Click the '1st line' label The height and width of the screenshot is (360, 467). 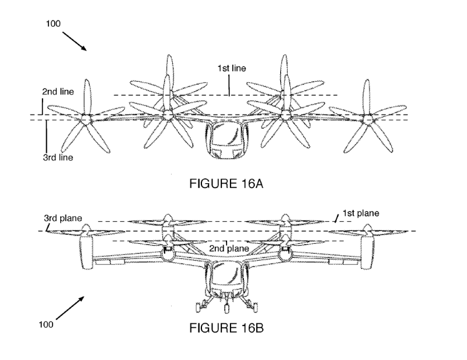[x=231, y=68]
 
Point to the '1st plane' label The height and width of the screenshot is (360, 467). [x=360, y=214]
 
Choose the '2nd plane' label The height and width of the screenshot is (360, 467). [x=229, y=249]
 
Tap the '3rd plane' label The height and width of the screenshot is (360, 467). [x=62, y=219]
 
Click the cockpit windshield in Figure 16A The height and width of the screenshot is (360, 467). [x=226, y=136]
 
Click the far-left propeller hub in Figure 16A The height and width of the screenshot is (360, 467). [x=86, y=119]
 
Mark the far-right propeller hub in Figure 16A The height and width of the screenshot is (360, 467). [x=368, y=118]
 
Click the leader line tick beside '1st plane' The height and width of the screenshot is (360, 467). [x=336, y=218]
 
